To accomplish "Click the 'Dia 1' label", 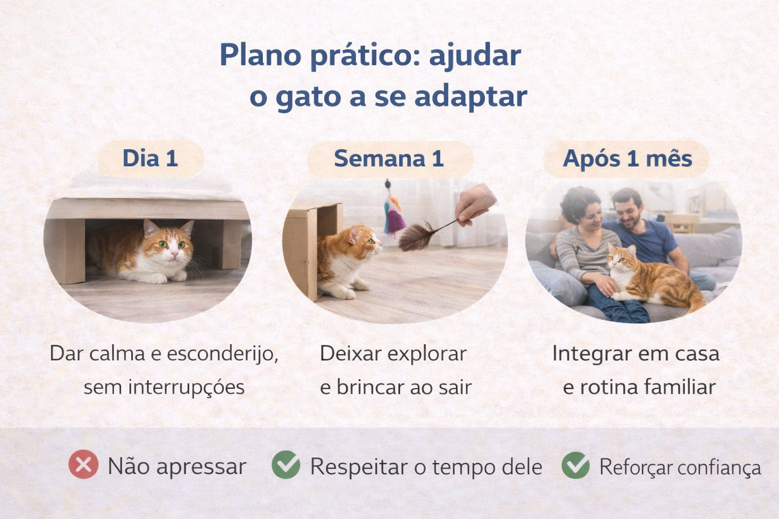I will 150,159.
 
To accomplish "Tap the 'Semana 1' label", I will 389,159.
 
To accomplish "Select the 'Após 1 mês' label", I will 627,159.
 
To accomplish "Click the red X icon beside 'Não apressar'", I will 84,464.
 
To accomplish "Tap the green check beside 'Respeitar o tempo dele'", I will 286,464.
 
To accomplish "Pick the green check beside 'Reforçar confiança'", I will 576,465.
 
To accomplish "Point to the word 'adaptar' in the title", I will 471,96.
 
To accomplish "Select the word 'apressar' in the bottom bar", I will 201,466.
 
